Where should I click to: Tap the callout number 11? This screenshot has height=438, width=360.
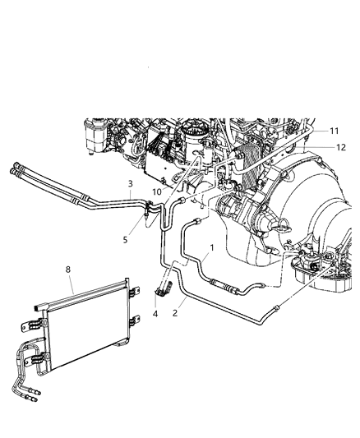[x=334, y=131]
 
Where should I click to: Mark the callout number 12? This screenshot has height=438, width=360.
[x=340, y=147]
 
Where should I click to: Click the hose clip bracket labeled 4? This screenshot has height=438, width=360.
[x=162, y=288]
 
